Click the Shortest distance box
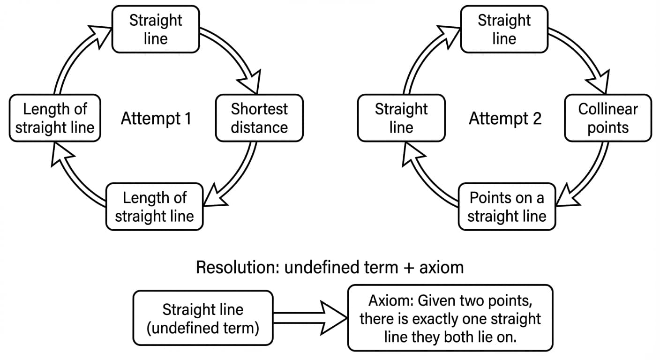pyautogui.click(x=259, y=118)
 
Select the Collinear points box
pyautogui.click(x=607, y=118)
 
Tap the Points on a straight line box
pyautogui.click(x=506, y=207)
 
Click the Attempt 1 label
pyautogui.click(x=156, y=119)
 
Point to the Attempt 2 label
pyautogui.click(x=505, y=119)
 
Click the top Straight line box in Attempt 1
pyautogui.click(x=156, y=29)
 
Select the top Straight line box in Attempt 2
pyautogui.click(x=504, y=29)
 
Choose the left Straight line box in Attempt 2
pyautogui.click(x=401, y=118)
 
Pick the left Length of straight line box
pyautogui.click(x=55, y=118)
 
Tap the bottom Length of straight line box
pyautogui.click(x=154, y=207)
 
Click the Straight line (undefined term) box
pyautogui.click(x=203, y=318)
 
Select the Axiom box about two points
pyautogui.click(x=450, y=318)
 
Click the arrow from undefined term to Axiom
pyautogui.click(x=309, y=318)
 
